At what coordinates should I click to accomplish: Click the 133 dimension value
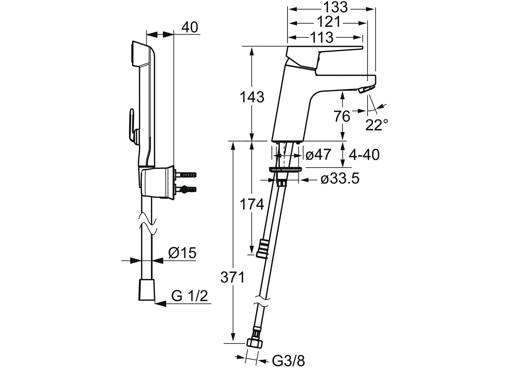[x=331, y=7]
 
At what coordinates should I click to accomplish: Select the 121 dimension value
[x=328, y=22]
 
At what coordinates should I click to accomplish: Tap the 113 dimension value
[x=321, y=37]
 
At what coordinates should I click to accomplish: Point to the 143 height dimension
[x=252, y=98]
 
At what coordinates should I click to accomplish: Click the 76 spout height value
[x=342, y=117]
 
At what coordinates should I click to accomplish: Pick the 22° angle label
[x=377, y=125]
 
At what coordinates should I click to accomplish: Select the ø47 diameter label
[x=318, y=155]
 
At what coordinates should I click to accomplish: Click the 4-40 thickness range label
[x=364, y=155]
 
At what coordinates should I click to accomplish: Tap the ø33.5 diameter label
[x=340, y=178]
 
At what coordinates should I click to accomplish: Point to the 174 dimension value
[x=252, y=205]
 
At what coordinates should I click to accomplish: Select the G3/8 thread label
[x=288, y=360]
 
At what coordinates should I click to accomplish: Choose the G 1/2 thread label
[x=190, y=296]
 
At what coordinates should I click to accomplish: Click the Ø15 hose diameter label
[x=182, y=253]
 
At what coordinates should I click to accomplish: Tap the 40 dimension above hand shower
[x=190, y=27]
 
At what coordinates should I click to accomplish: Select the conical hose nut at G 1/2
[x=146, y=290]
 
